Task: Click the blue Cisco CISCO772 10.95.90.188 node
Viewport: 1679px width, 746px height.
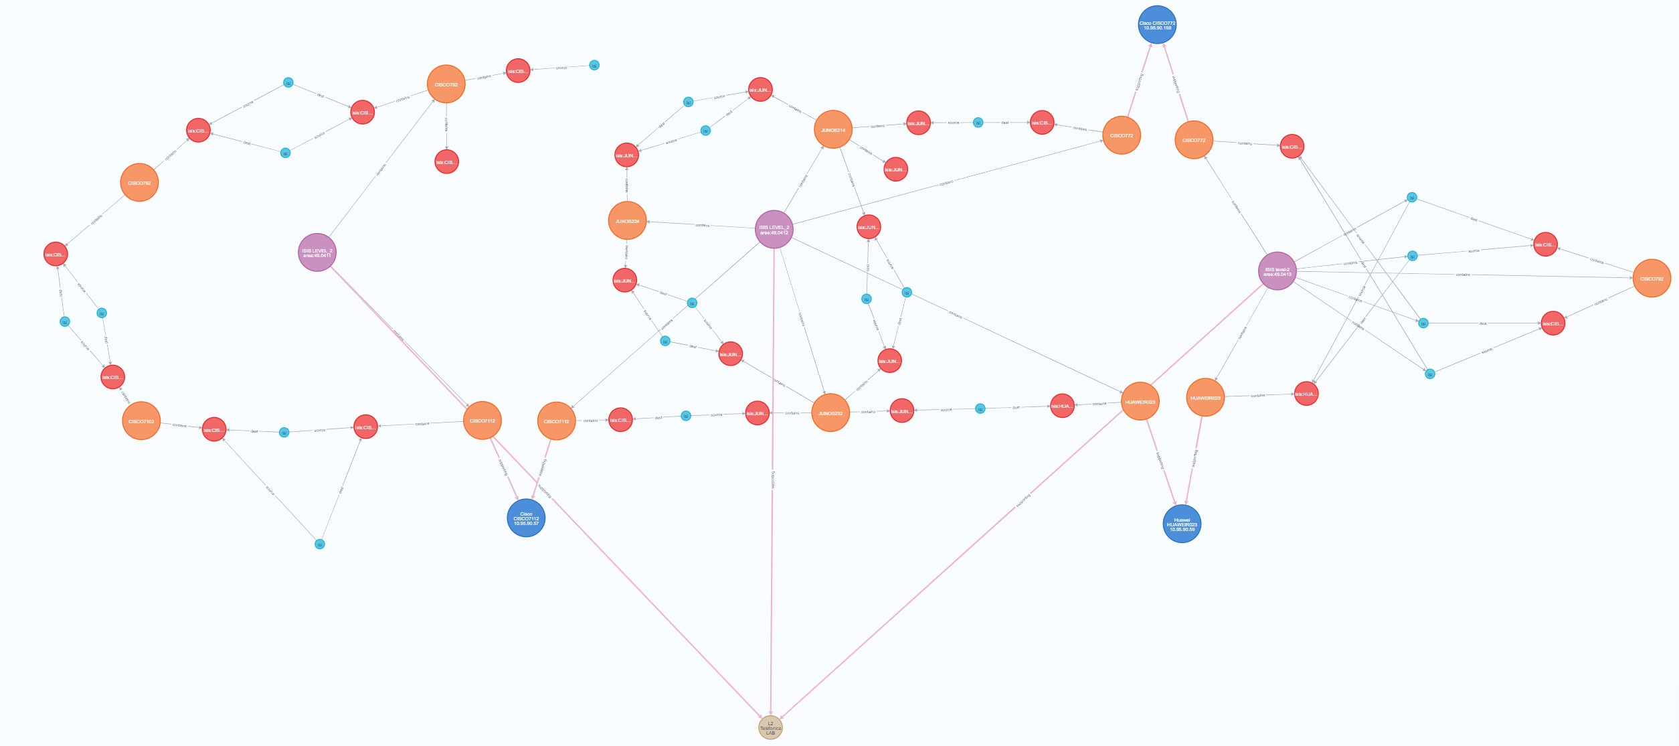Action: (x=1157, y=25)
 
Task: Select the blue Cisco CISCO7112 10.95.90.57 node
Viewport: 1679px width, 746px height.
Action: (x=526, y=518)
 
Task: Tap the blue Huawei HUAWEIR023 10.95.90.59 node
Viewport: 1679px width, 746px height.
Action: (x=1182, y=524)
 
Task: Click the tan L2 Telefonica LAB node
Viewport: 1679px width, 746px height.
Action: (x=770, y=728)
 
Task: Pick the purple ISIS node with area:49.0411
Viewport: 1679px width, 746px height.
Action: (x=317, y=252)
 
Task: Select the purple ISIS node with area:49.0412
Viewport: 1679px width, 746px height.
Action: (x=774, y=230)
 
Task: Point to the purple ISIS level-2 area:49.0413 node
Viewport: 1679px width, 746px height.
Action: (x=1277, y=271)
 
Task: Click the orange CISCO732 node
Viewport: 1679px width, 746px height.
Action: (x=446, y=84)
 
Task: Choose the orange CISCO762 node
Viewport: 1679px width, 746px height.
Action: (x=140, y=183)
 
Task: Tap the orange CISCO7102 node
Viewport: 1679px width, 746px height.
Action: (x=142, y=421)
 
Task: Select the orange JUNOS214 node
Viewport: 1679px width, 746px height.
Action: (x=833, y=130)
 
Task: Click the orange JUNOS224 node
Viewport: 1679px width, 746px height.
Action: (x=628, y=221)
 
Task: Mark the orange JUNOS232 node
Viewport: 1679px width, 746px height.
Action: (x=830, y=413)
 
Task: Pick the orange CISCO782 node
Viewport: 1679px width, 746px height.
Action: (x=1652, y=279)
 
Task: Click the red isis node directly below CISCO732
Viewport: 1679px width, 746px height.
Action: (x=446, y=162)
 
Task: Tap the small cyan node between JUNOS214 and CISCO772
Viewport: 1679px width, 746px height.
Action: (x=978, y=123)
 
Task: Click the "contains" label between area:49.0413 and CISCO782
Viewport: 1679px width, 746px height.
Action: (x=1463, y=275)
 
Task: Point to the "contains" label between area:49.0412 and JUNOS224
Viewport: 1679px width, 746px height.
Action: (x=703, y=225)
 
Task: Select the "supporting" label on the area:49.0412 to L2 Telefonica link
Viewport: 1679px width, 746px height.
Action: (x=773, y=479)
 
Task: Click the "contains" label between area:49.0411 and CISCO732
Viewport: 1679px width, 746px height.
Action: (x=381, y=169)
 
